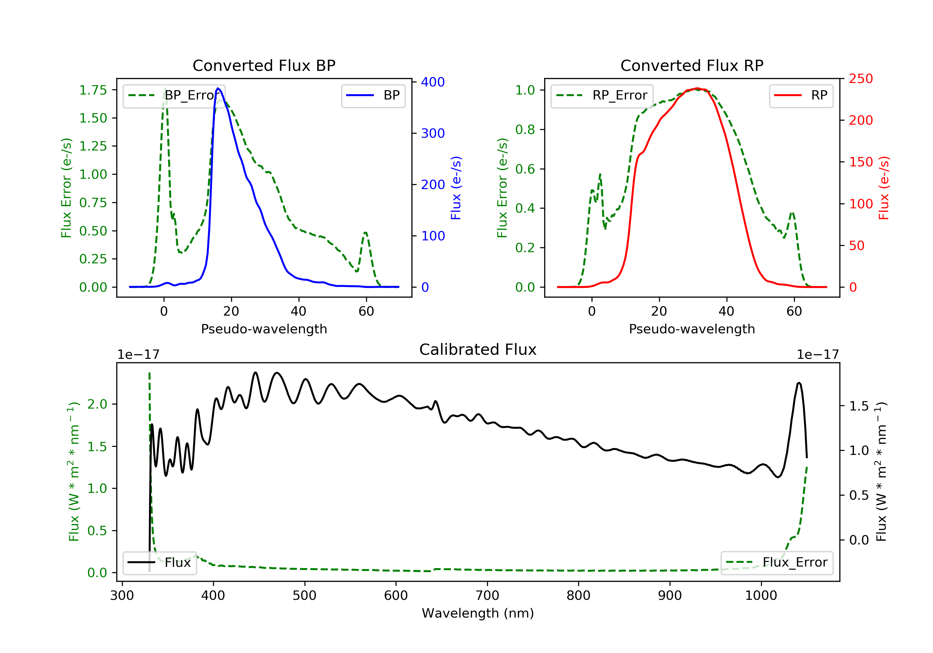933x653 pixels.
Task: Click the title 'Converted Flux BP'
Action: (264, 65)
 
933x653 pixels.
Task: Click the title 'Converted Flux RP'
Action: (692, 65)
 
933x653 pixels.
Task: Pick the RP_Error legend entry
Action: (602, 95)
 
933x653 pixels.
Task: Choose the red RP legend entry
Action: (801, 95)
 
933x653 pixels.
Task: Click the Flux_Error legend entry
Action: (777, 563)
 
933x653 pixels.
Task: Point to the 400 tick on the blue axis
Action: (432, 82)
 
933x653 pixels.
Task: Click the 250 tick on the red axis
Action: (861, 79)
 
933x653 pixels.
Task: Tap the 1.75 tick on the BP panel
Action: (93, 90)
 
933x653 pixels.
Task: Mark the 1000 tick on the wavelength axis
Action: (761, 596)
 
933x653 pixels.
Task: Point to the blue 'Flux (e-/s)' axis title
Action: (456, 188)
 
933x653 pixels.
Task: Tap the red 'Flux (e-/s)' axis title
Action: (884, 188)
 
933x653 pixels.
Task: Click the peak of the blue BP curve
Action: (218, 88)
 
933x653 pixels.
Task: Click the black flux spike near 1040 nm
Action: (799, 383)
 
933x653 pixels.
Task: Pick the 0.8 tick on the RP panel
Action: (525, 130)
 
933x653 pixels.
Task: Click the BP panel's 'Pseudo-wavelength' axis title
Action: (264, 329)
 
